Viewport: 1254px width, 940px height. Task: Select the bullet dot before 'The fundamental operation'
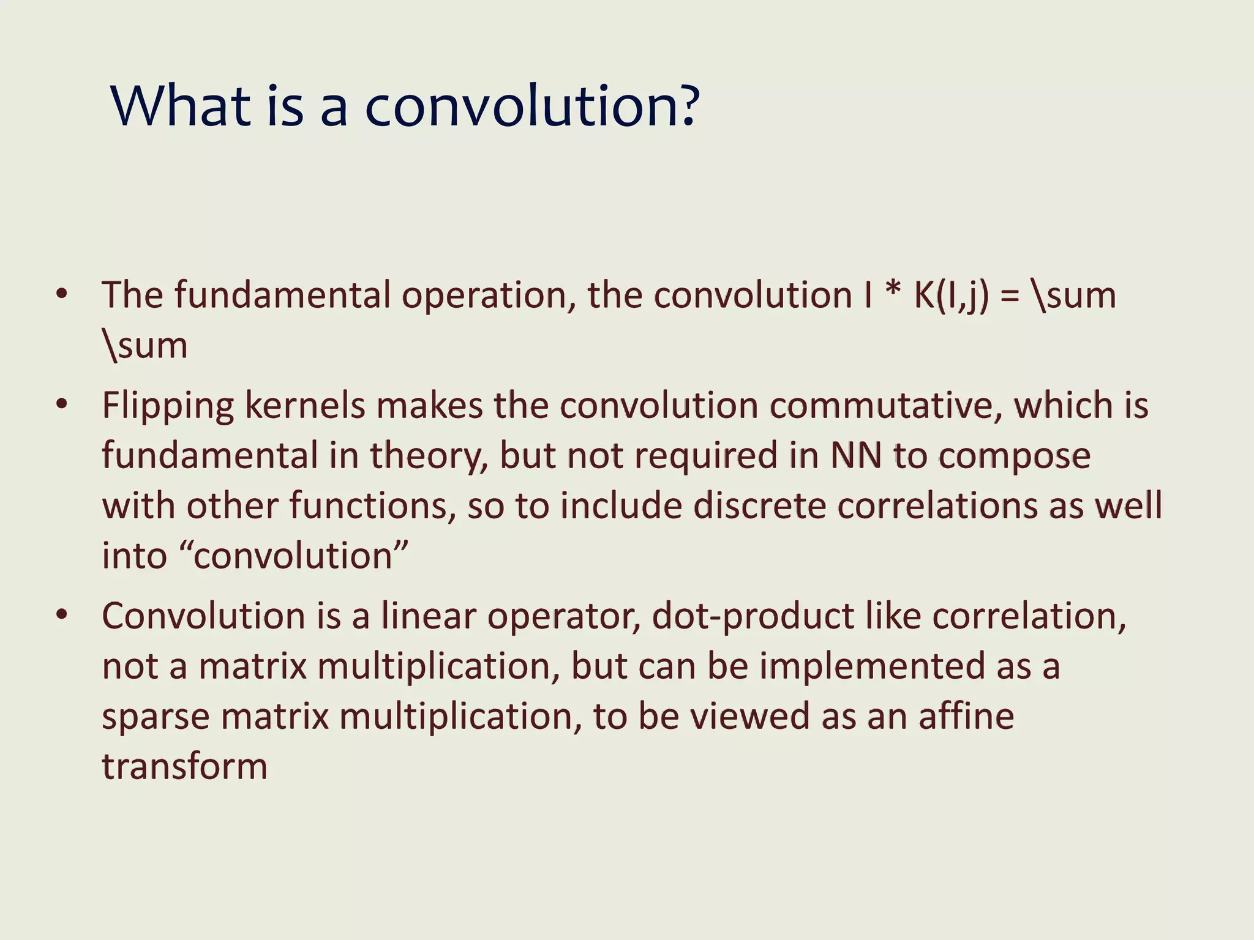61,294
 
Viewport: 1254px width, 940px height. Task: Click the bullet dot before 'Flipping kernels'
61,405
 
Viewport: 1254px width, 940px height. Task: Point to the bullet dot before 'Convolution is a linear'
61,615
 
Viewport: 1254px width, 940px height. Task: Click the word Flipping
167,406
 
